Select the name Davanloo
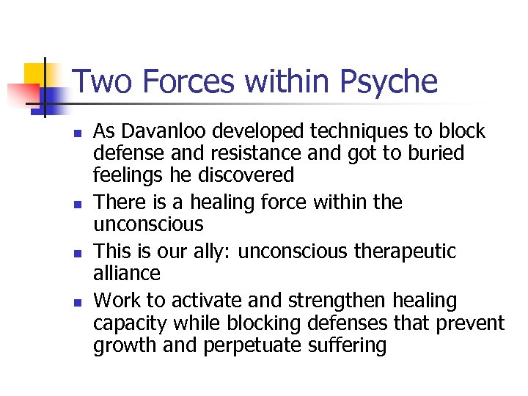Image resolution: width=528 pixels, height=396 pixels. (164, 131)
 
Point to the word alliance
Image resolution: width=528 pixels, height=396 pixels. (126, 274)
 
